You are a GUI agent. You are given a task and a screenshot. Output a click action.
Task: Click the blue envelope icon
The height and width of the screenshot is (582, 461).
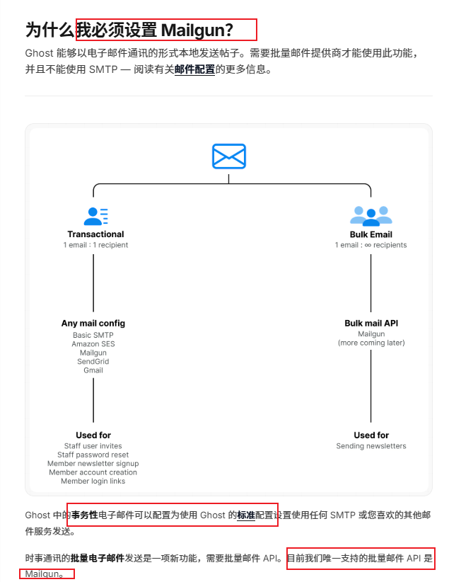click(228, 156)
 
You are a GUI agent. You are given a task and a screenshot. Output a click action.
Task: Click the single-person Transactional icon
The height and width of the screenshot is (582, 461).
click(95, 215)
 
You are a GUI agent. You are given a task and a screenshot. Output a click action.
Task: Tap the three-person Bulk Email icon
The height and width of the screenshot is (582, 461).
click(370, 215)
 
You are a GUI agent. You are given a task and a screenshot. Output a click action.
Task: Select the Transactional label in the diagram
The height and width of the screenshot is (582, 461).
click(95, 234)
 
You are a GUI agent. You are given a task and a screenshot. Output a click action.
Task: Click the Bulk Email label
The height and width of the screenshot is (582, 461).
click(370, 234)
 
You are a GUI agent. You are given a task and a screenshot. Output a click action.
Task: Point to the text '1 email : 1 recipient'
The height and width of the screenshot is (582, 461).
click(95, 245)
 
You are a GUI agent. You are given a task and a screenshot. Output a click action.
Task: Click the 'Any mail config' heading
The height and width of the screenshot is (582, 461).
click(93, 324)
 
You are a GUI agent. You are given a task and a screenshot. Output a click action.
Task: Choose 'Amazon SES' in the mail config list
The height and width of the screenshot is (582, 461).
click(93, 344)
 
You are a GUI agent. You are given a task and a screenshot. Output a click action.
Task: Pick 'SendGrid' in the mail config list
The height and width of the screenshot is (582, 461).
click(93, 361)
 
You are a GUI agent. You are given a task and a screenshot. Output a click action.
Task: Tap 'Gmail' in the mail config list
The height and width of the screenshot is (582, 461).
click(93, 370)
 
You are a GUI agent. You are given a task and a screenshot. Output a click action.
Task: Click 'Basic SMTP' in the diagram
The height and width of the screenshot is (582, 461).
click(93, 335)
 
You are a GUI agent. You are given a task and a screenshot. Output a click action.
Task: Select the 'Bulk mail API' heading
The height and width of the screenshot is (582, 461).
click(371, 324)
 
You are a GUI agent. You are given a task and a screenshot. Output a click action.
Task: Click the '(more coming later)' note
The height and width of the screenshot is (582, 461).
click(371, 343)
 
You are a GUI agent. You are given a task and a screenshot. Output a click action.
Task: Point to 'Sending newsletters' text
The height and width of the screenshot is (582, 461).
click(371, 446)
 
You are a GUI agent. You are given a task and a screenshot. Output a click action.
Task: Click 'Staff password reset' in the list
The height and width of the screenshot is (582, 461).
click(93, 455)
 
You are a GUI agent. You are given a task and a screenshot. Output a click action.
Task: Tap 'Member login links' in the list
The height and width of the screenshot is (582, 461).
click(93, 481)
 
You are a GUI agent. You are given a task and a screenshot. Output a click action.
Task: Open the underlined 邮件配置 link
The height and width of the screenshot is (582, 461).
click(194, 69)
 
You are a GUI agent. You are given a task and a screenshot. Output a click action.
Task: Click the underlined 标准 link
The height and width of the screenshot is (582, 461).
click(246, 516)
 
